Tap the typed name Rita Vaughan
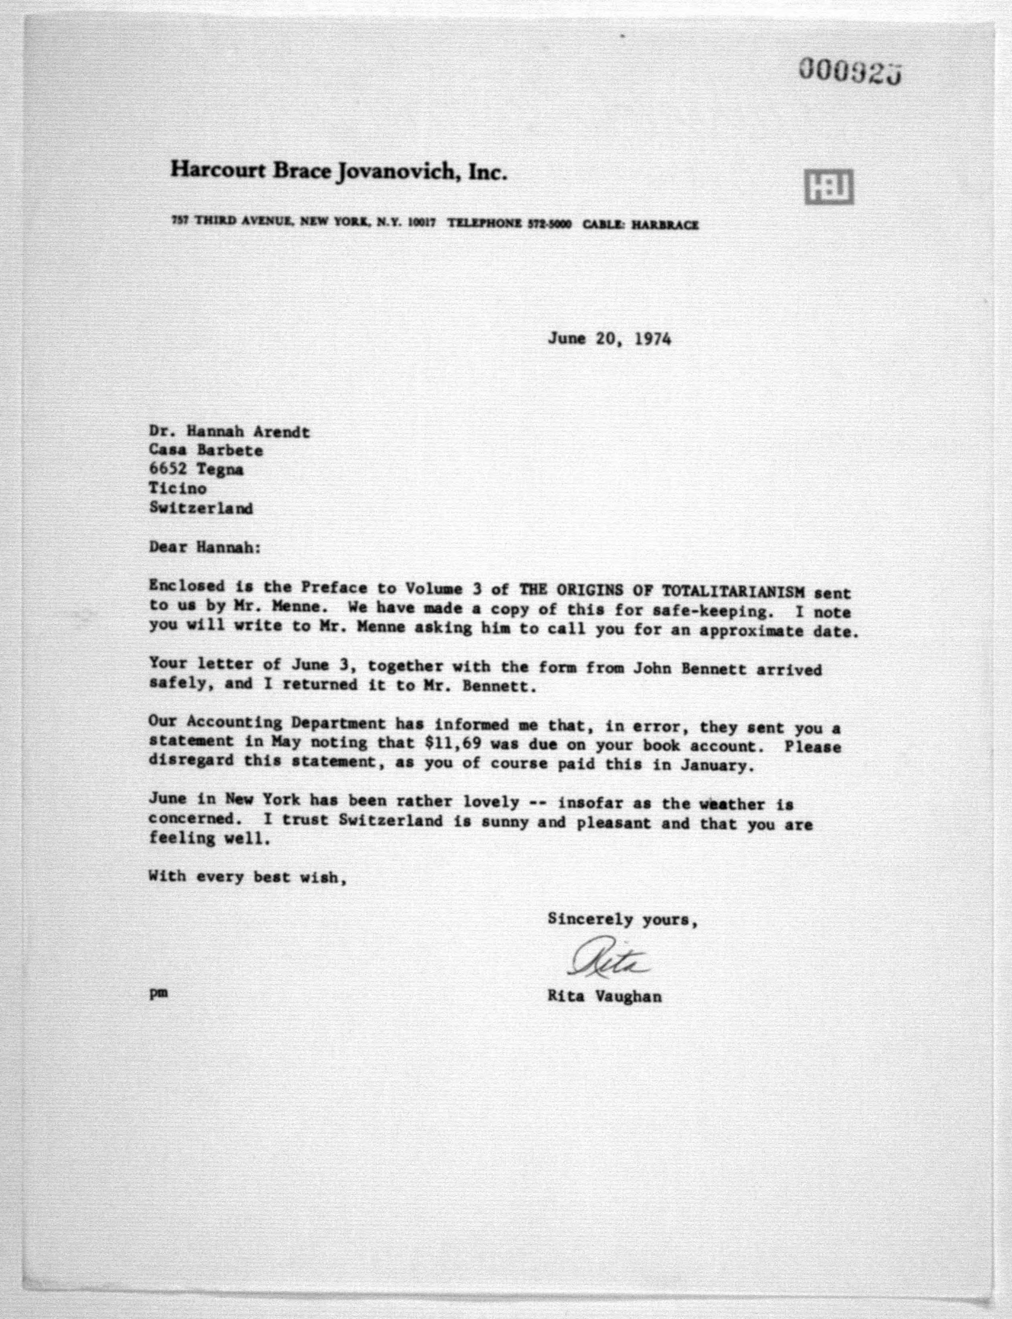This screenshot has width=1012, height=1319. tap(604, 997)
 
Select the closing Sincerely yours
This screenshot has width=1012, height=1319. tap(622, 920)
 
